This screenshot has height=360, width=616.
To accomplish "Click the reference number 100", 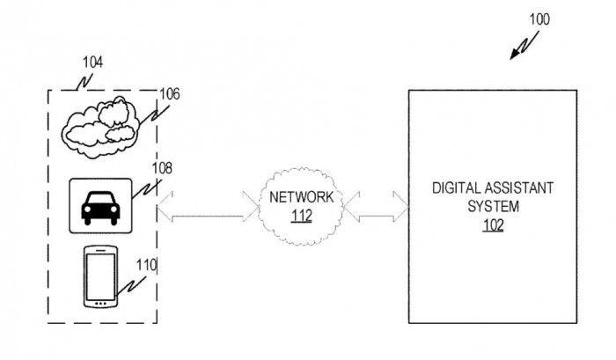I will [x=539, y=18].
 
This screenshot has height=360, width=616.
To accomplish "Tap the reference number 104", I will [x=92, y=62].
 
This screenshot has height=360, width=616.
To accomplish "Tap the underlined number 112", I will [x=301, y=216].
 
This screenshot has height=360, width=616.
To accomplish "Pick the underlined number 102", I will [x=492, y=223].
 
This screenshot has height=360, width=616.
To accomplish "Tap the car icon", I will [x=100, y=206].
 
